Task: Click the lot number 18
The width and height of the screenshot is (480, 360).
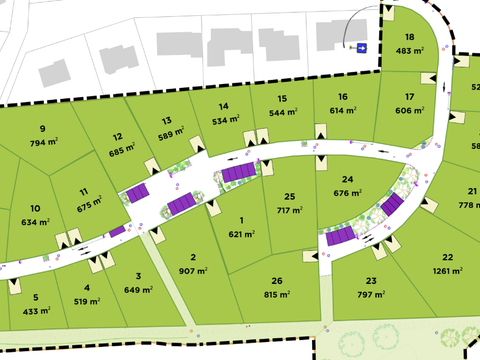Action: (x=409, y=37)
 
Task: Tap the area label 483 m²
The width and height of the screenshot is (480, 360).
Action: (x=410, y=49)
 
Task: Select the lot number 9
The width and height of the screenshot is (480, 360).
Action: (x=43, y=128)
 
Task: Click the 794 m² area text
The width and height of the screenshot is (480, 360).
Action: (x=44, y=142)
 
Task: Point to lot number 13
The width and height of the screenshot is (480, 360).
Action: (x=166, y=119)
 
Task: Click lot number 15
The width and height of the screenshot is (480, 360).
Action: (x=283, y=98)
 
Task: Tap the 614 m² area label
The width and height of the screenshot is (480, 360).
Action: (x=343, y=110)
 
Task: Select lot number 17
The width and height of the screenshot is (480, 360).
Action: (x=409, y=97)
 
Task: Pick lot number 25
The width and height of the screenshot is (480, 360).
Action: (x=290, y=196)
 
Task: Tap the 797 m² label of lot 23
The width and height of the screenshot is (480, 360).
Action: (x=371, y=294)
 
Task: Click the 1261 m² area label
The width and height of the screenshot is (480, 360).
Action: (x=447, y=270)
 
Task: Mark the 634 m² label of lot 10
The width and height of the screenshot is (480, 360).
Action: (x=35, y=222)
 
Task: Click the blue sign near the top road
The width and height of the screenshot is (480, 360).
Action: (x=361, y=47)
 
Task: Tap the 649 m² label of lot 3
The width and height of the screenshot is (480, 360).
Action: (x=139, y=289)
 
